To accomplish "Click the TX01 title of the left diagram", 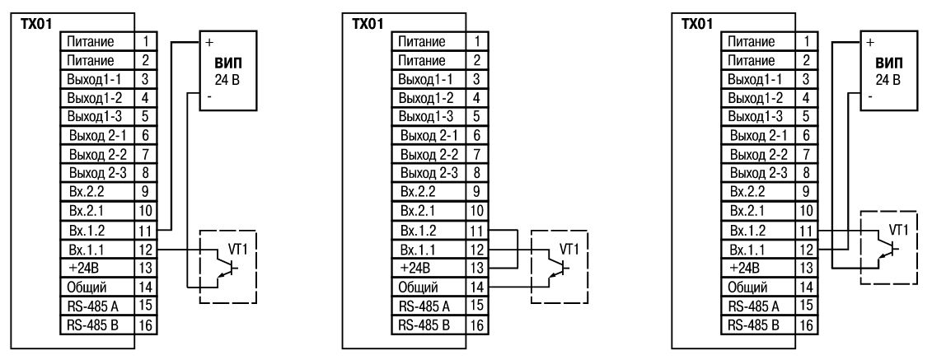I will point(34,21).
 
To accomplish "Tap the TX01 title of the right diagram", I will point(697,21).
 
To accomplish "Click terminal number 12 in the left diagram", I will point(144,247).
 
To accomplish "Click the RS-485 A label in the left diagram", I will point(91,304).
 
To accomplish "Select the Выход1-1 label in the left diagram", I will point(91,78).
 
